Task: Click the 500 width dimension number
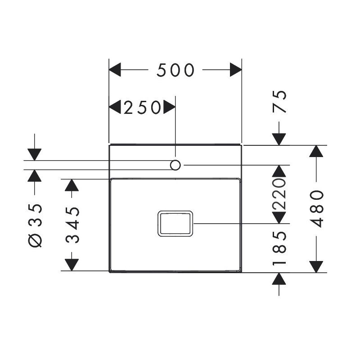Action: pos(175,70)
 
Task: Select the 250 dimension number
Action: pos(142,107)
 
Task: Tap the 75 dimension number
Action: pos(279,102)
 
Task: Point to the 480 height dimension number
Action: pos(317,209)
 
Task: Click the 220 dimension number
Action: pos(279,194)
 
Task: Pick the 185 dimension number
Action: pos(279,248)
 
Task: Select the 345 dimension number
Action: pos(72,225)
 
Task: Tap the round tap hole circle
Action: pos(175,165)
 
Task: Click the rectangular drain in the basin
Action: pos(175,223)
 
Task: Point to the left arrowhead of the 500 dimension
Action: pos(115,70)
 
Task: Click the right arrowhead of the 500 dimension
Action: pos(236,70)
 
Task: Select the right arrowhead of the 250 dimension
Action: pos(170,107)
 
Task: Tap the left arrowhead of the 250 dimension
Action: pos(115,107)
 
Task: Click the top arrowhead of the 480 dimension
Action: pos(316,151)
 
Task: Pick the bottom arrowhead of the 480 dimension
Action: pos(316,267)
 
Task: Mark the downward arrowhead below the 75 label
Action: pos(279,139)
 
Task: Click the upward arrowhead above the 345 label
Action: pos(72,185)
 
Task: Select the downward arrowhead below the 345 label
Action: pos(72,265)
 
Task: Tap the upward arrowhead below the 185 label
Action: pos(279,279)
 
